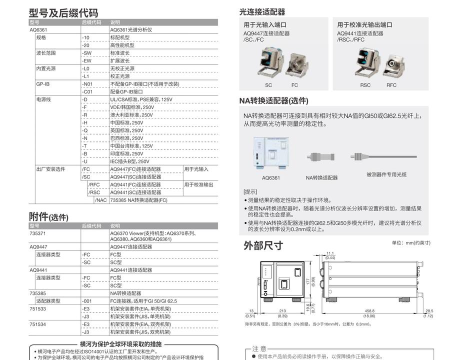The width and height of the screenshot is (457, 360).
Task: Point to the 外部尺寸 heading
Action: (264, 244)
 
